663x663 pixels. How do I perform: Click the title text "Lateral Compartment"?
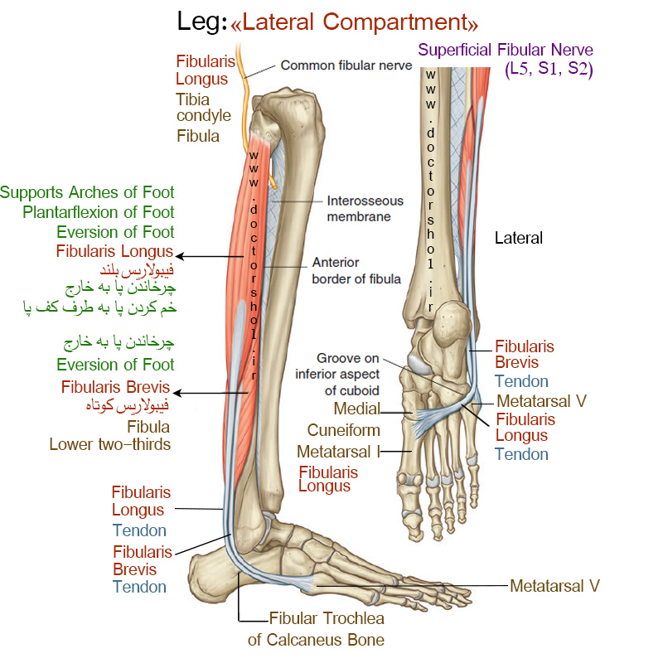[x=355, y=22]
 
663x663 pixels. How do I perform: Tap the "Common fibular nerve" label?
[x=346, y=65]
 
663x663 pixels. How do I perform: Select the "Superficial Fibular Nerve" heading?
[x=506, y=50]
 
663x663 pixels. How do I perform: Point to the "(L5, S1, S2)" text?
[x=549, y=69]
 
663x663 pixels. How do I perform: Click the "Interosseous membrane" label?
[x=365, y=209]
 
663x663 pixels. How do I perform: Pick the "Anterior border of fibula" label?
[x=356, y=271]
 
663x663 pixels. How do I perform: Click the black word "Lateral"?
[x=519, y=238]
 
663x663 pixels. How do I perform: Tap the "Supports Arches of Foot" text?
[x=87, y=192]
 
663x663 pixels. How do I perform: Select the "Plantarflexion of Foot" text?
[x=98, y=212]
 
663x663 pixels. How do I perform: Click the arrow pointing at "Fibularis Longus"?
[x=210, y=256]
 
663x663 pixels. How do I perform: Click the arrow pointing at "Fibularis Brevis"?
[x=211, y=393]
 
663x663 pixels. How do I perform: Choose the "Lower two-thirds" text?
[x=110, y=444]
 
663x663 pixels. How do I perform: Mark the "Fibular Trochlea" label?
[x=327, y=618]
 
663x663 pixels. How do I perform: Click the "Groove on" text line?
[x=347, y=358]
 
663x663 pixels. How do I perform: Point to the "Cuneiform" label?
[x=343, y=430]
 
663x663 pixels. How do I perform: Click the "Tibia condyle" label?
[x=203, y=108]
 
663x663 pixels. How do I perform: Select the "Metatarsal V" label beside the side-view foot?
[x=554, y=586]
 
